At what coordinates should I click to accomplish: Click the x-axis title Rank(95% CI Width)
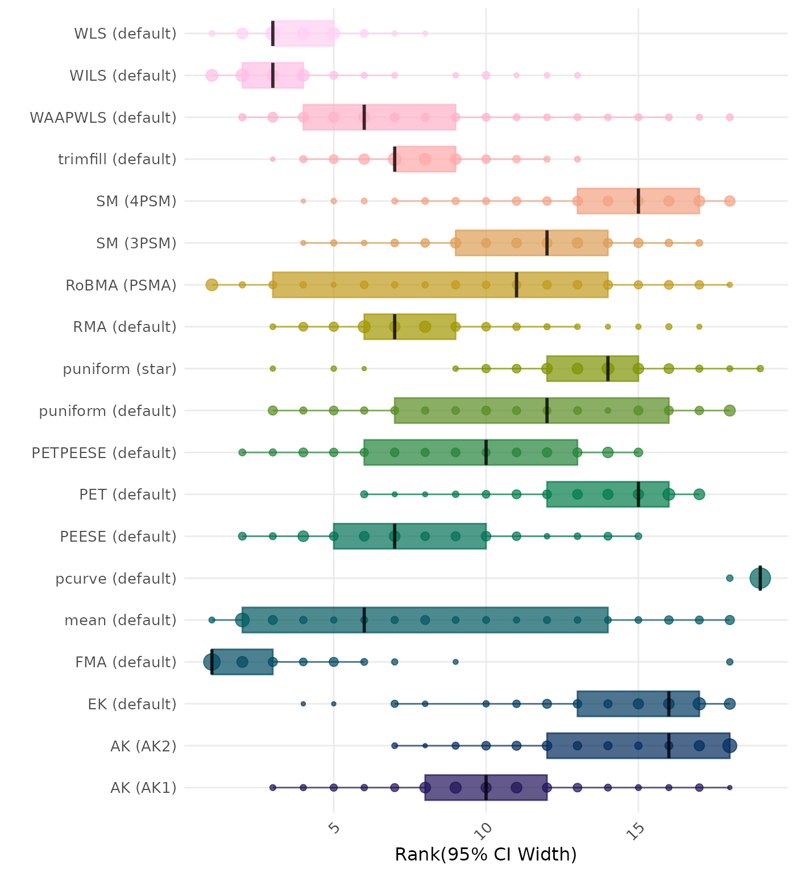coord(486,854)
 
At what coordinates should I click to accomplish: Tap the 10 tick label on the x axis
coord(486,829)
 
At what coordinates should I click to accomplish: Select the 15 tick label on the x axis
coord(638,829)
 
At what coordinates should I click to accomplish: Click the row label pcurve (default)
coord(116,579)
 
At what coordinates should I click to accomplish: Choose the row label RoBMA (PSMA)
coord(121,285)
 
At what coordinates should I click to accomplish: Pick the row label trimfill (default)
coord(117,159)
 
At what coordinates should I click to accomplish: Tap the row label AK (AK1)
coord(143,788)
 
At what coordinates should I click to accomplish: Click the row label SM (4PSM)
coord(136,201)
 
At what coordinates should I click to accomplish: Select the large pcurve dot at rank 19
coord(760,578)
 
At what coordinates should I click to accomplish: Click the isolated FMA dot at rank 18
coord(729,662)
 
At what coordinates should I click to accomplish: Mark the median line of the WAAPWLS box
coord(364,117)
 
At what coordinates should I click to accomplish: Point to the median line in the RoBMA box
coord(516,285)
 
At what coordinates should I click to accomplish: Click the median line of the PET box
coord(639,494)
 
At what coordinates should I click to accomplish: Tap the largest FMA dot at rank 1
coord(212,662)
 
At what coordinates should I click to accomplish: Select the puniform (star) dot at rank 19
coord(760,369)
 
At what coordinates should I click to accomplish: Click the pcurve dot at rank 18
coord(729,578)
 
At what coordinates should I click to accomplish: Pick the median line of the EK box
coord(669,704)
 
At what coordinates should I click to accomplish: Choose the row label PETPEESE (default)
coord(104,453)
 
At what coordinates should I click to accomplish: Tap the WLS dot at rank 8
coord(425,34)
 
